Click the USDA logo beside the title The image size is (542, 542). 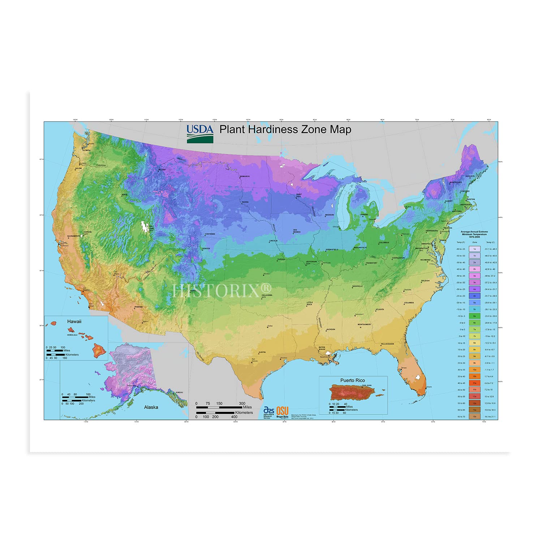tap(200, 134)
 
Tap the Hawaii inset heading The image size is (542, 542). tap(74, 321)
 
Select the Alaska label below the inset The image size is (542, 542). tap(151, 407)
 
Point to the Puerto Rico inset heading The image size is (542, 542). tap(352, 380)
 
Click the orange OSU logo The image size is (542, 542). tap(283, 411)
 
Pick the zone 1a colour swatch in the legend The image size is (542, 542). tap(474, 249)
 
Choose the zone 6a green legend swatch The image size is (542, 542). tap(474, 316)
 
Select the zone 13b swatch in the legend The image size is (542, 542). tap(474, 417)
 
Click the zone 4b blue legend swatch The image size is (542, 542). tap(474, 296)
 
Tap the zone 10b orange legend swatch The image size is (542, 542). tap(474, 377)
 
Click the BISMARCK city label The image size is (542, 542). tap(245, 176)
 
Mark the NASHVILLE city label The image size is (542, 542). tap(357, 286)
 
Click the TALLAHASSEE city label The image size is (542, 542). tap(387, 344)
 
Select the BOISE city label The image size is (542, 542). tap(125, 194)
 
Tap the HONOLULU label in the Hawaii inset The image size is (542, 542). tap(72, 335)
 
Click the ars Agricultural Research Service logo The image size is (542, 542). tap(268, 412)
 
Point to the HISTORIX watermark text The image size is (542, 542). tap(221, 291)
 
